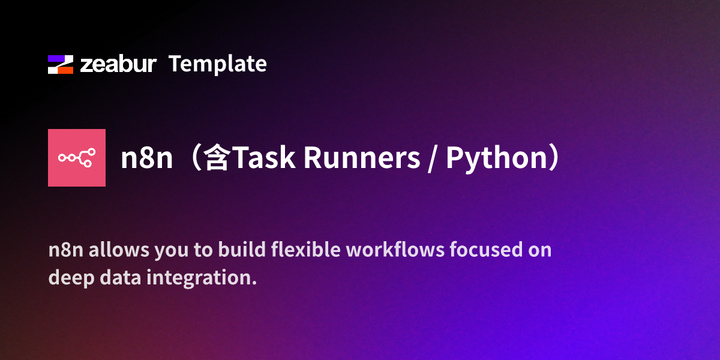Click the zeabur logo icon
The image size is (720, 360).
60,64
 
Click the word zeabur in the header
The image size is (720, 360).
118,64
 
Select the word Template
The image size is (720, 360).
217,64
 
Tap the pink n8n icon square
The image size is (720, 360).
77,158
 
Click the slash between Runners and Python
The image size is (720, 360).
433,158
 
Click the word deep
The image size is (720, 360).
67,278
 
